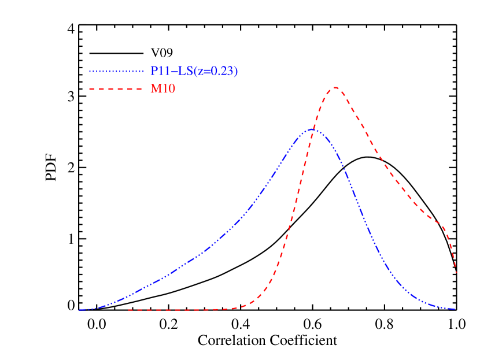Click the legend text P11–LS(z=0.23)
coord(194,71)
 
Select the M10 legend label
coord(163,89)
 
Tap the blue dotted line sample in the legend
coord(116,72)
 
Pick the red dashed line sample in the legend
coord(116,89)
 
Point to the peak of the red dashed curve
coord(335,88)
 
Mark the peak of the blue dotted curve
coord(312,129)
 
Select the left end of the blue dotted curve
coord(80,310)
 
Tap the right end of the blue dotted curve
coord(456,309)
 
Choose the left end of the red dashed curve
coord(128,310)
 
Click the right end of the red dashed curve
coord(457,272)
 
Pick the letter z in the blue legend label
coord(200,72)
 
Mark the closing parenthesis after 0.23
coord(235,71)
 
